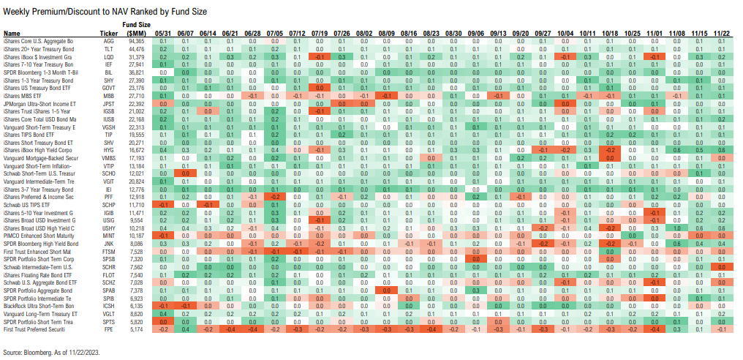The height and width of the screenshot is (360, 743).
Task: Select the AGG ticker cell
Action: pos(109,42)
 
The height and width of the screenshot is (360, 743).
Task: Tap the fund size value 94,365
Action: pos(136,42)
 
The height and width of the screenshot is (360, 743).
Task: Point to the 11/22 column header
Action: pos(722,34)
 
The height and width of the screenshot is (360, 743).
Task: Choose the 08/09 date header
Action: pos(388,34)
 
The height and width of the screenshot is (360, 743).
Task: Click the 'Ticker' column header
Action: pos(109,34)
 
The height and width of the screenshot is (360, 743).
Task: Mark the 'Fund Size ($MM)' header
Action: pos(136,29)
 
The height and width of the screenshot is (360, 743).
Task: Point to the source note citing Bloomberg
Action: pos(51,353)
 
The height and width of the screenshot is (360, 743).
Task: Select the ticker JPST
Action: pos(109,105)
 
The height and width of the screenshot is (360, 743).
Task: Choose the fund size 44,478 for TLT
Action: pos(136,50)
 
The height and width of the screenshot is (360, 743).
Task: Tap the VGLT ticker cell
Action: pos(109,314)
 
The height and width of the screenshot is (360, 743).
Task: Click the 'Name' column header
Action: pos(11,34)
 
